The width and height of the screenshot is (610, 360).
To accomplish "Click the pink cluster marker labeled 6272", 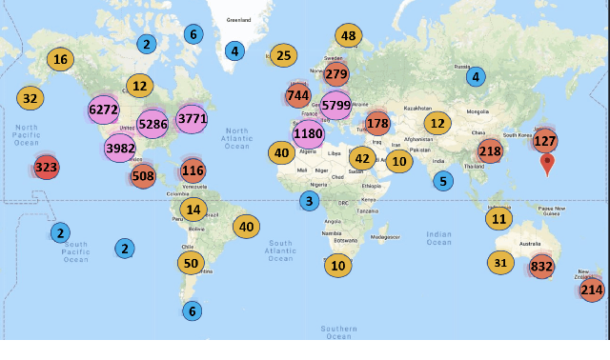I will point(102,110).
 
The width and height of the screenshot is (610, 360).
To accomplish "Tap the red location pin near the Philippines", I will point(547,164).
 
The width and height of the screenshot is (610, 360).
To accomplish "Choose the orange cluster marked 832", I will point(541,268).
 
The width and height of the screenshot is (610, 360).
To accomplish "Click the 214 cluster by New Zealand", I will point(592,290).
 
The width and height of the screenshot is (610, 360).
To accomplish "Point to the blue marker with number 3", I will point(309,201).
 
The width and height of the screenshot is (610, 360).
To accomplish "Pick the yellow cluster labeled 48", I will point(348,37).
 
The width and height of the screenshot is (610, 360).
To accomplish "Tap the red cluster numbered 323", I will point(46,168).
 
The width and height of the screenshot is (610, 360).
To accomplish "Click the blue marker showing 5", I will point(442,181).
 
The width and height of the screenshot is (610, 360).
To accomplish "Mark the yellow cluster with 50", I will point(192,263).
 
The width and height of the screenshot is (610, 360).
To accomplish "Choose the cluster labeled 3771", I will point(192,119).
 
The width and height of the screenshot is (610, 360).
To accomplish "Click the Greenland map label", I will point(238,19).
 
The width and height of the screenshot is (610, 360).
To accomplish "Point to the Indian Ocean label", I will point(439,237).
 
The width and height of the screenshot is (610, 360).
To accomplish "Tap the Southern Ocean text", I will point(338,331).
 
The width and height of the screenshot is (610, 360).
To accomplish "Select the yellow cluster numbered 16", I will point(61,59).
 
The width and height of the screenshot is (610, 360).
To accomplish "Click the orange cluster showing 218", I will point(490,150).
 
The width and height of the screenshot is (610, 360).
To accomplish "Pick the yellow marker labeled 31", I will point(501,262).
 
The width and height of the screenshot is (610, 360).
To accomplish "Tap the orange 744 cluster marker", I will point(297,95).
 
